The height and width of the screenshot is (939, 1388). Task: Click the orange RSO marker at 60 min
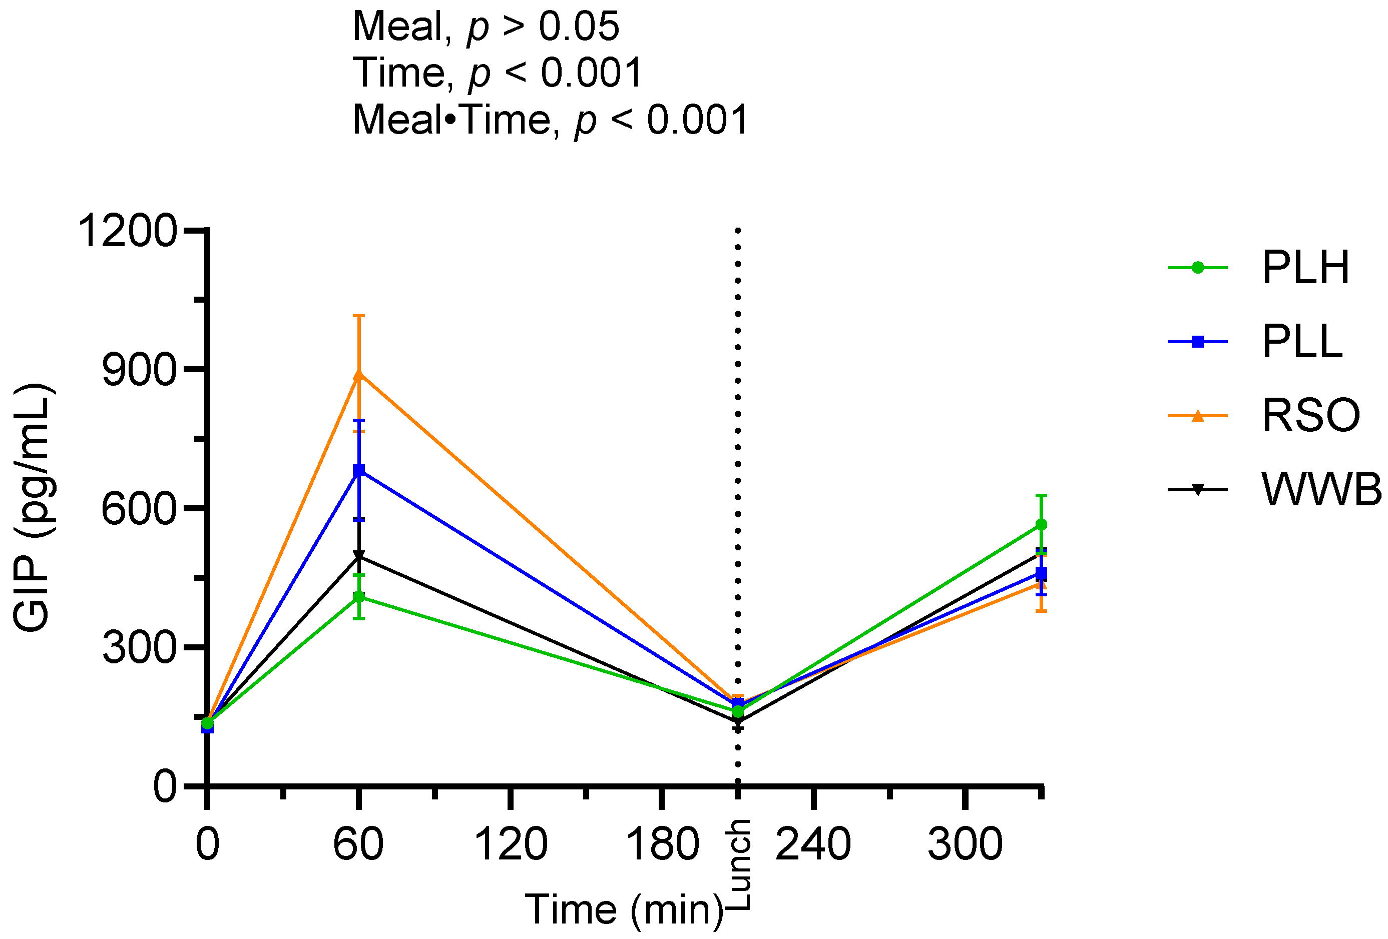(x=359, y=375)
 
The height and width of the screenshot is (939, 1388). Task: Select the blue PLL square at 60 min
(x=359, y=471)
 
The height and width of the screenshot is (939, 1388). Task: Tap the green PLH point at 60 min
(x=359, y=597)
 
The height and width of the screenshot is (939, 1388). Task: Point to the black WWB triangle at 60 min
(x=359, y=556)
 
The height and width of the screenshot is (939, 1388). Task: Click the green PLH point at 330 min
(x=1041, y=525)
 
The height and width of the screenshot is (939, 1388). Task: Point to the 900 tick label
(x=140, y=370)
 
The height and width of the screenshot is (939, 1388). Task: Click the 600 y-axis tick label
(x=140, y=509)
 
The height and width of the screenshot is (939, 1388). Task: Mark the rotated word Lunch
(x=740, y=864)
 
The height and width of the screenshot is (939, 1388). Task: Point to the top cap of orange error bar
(x=359, y=316)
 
